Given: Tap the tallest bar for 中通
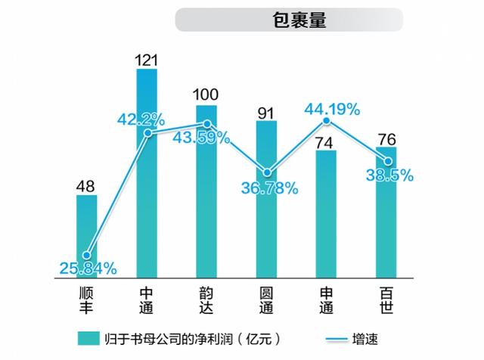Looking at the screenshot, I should [147, 174].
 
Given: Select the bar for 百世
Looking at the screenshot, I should [386, 213].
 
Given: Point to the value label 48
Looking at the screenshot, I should [86, 185].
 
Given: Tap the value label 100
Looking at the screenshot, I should [206, 95].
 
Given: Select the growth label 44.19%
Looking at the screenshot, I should [332, 110].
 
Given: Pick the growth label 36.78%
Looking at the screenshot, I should [269, 188].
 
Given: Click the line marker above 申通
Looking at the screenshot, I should [327, 121].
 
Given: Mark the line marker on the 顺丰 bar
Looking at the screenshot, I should [87, 256].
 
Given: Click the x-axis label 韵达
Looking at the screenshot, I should [206, 299].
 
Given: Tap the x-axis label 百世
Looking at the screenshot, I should [386, 299].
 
